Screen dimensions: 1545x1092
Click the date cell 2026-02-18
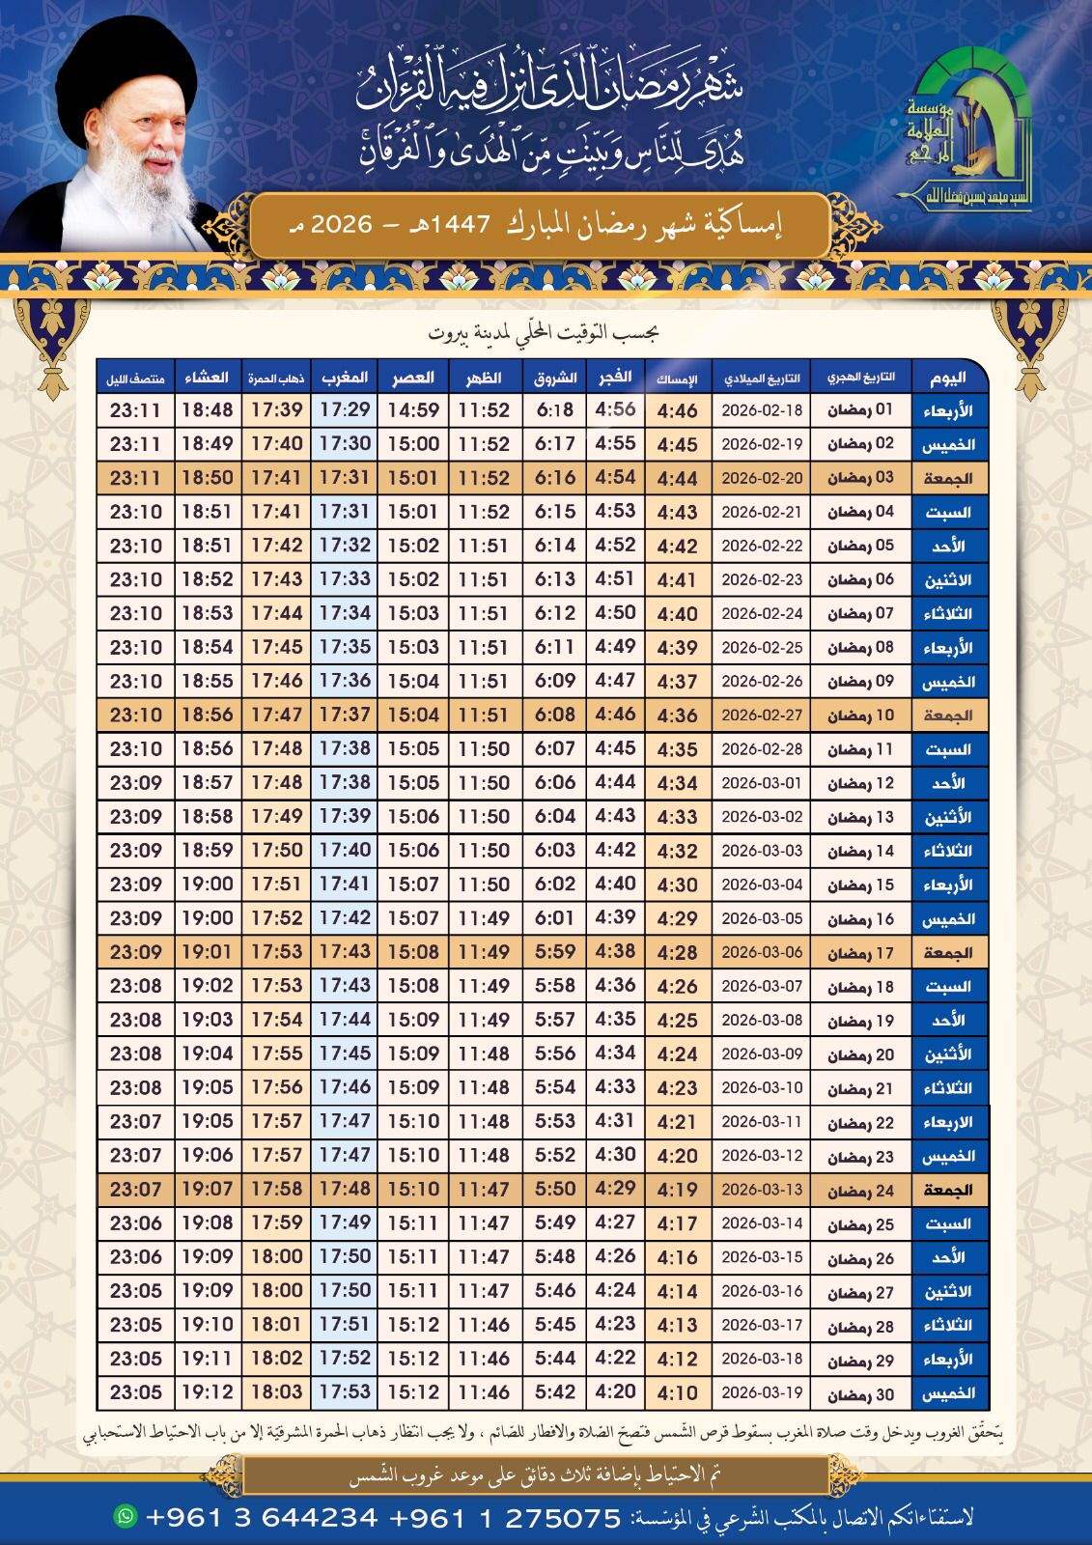click(762, 410)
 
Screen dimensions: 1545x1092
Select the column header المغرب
click(345, 376)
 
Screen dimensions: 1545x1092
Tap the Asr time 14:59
click(413, 410)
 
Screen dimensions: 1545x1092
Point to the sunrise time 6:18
click(555, 410)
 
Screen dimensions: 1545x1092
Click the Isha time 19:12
click(207, 1393)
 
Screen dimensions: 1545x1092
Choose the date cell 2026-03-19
click(762, 1393)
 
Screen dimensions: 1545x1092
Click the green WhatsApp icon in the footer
click(126, 1515)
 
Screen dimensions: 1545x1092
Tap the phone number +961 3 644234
click(262, 1517)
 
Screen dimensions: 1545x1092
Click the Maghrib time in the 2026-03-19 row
click(345, 1393)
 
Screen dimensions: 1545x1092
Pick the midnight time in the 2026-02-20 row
click(135, 478)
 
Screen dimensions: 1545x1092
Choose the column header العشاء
click(207, 376)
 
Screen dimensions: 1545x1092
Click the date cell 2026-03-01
click(762, 783)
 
